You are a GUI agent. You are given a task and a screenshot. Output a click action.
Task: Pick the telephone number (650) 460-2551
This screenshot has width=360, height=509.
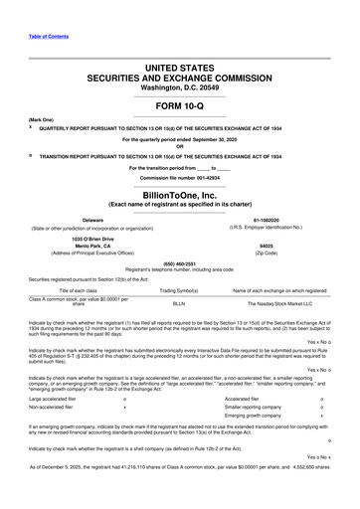pyautogui.click(x=180, y=262)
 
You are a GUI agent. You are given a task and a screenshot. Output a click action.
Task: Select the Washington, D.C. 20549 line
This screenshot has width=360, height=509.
pyautogui.click(x=180, y=87)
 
